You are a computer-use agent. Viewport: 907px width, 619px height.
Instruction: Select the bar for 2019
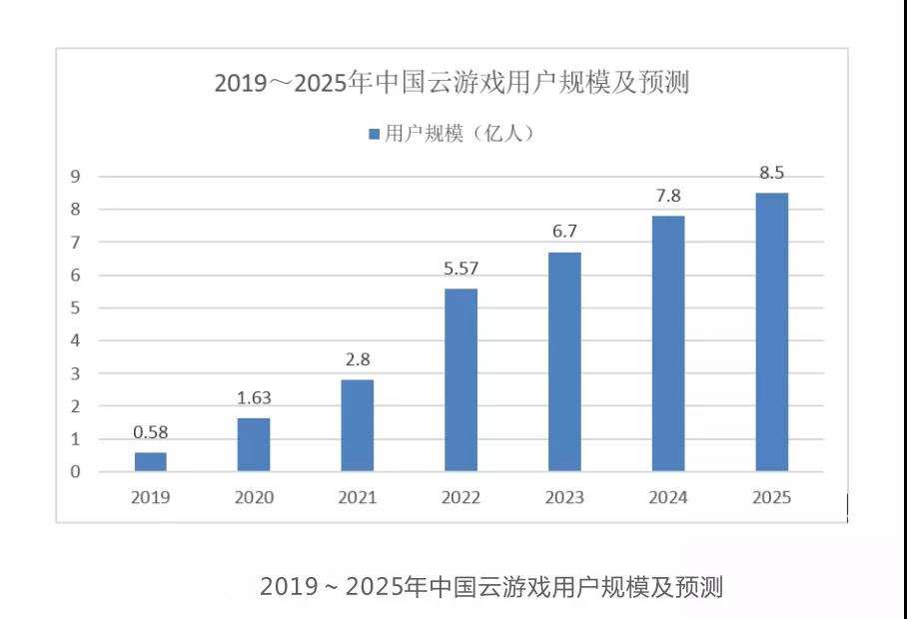click(150, 461)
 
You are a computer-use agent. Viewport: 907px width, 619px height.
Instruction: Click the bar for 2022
click(460, 379)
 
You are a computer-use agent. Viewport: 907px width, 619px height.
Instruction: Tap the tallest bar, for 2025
click(771, 331)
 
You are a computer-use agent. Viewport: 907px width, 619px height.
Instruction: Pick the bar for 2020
click(254, 444)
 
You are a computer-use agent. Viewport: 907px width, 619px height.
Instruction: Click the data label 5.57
click(460, 269)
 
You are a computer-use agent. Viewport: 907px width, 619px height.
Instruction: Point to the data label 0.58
click(150, 432)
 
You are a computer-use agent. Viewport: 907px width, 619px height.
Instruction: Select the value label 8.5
click(771, 173)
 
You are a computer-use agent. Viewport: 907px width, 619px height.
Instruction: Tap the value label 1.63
click(254, 397)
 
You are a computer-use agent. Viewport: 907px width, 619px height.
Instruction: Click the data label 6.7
click(564, 232)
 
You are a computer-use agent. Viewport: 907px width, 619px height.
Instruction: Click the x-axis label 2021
click(357, 497)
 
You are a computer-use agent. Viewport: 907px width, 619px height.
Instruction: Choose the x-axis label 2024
click(667, 497)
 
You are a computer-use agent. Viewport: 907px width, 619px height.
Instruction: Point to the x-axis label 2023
click(564, 497)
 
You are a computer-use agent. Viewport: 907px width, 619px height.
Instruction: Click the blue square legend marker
click(374, 134)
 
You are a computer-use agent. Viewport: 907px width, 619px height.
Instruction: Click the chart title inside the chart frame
click(452, 83)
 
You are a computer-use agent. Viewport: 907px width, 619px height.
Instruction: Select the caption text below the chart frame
click(490, 587)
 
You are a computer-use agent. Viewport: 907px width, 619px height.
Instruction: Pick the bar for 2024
click(667, 343)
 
